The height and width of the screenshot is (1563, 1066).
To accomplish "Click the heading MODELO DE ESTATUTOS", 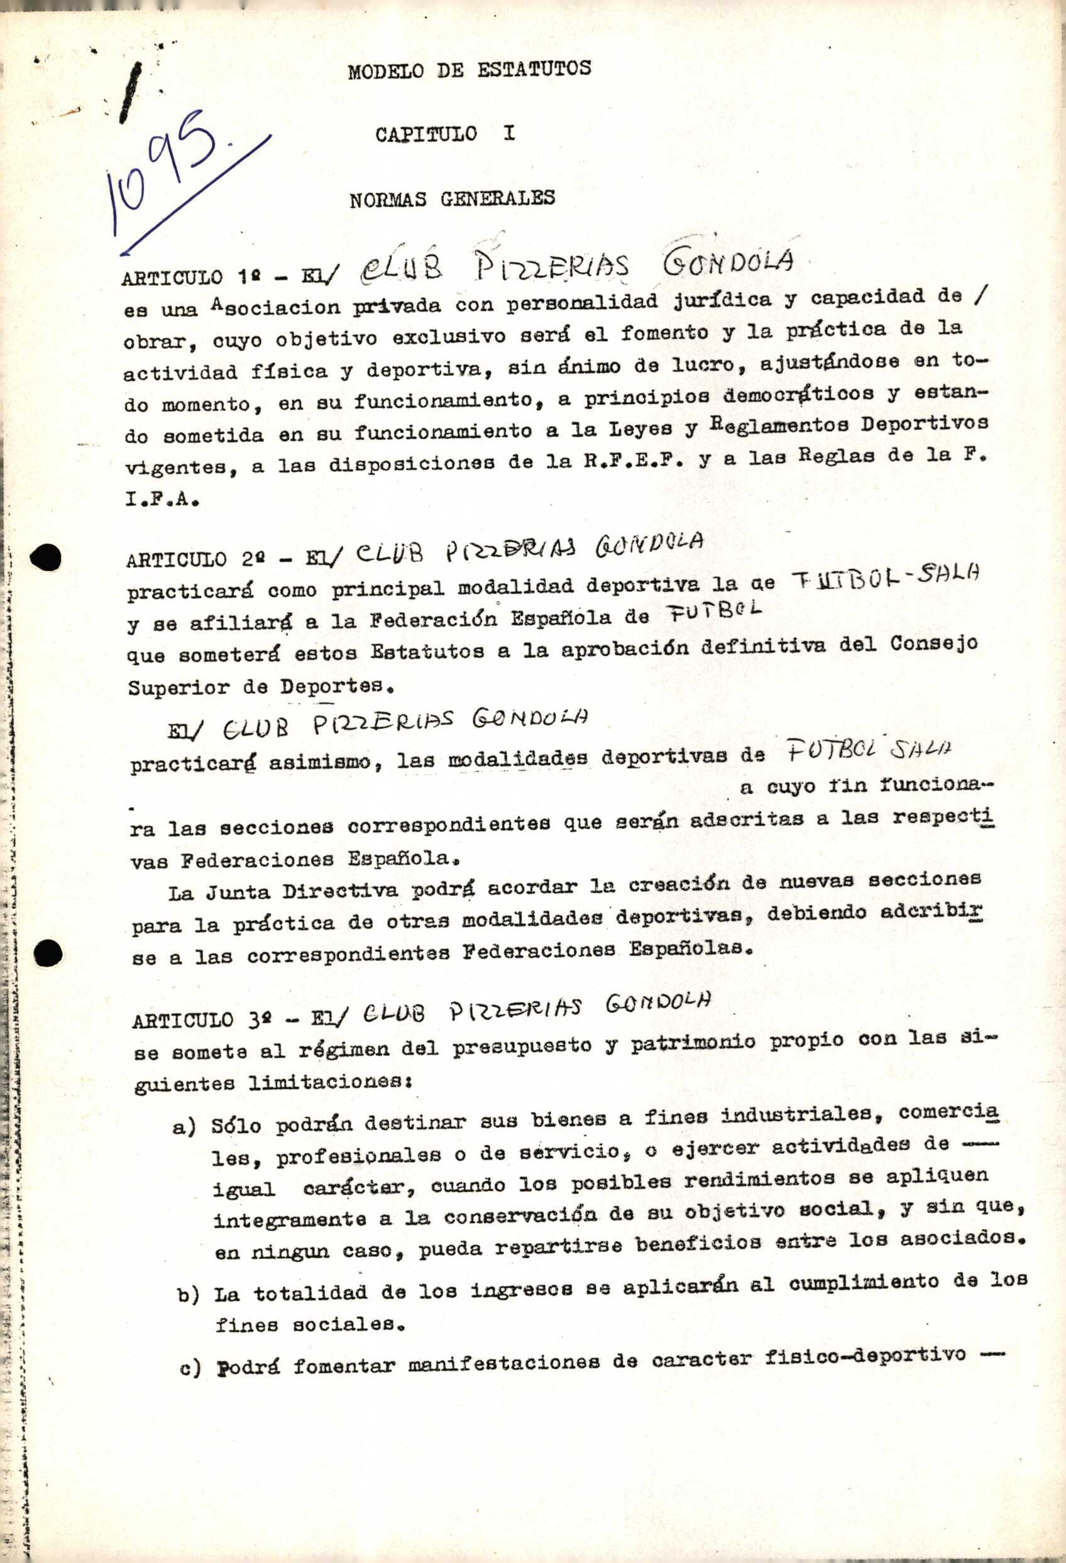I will [x=469, y=69].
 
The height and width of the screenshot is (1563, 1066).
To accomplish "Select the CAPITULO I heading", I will [x=444, y=134].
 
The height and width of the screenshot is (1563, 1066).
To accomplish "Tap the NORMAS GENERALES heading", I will [x=452, y=199].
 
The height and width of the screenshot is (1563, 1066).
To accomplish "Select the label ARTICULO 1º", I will [x=181, y=277].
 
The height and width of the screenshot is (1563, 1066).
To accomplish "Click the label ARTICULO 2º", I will [x=185, y=559].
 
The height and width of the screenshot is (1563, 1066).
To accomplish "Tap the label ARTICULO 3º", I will [x=191, y=1019].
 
